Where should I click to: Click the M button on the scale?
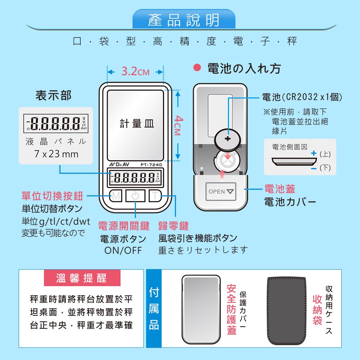pyautogui.click(x=116, y=196)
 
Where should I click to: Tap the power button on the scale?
pyautogui.click(x=135, y=196)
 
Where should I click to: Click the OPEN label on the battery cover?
pyautogui.click(x=217, y=192)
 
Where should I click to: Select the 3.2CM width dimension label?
pyautogui.click(x=135, y=71)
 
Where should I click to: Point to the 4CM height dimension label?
pyautogui.click(x=179, y=125)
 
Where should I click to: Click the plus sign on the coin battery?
pyautogui.click(x=228, y=139)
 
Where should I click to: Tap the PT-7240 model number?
pyautogui.click(x=151, y=165)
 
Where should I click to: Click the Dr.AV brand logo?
pyautogui.click(x=120, y=165)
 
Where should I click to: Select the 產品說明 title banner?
pyautogui.click(x=184, y=19)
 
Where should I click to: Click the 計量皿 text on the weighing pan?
pyautogui.click(x=137, y=123)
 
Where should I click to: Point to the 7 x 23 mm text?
pyautogui.click(x=56, y=154)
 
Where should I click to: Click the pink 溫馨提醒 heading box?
pyautogui.click(x=82, y=278)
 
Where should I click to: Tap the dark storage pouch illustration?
pyautogui.click(x=287, y=311)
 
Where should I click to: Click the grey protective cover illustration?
pyautogui.click(x=201, y=309)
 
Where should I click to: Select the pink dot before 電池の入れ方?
pyautogui.click(x=197, y=68)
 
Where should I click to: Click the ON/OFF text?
pyautogui.click(x=123, y=251)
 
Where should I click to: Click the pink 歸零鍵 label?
pyautogui.click(x=174, y=226)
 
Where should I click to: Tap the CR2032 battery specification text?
pyautogui.click(x=302, y=97)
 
